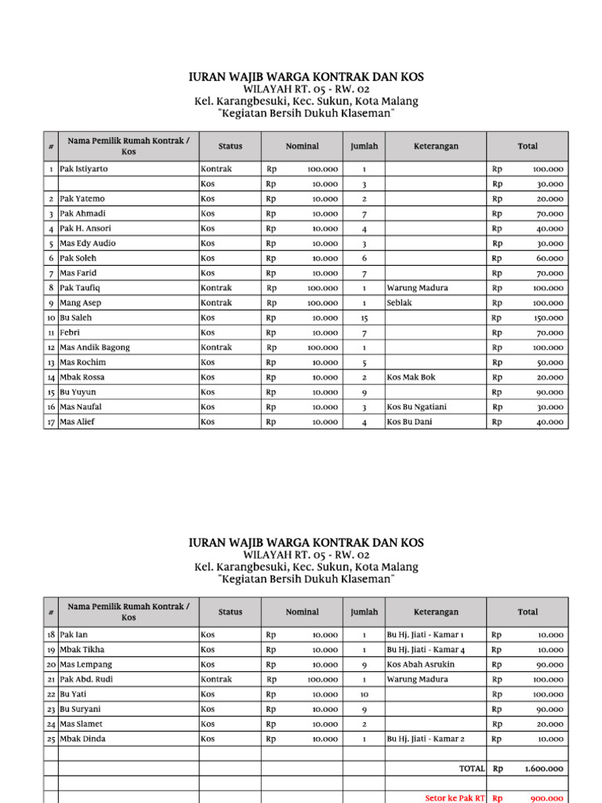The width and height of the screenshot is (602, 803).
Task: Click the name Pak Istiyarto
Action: point(85,169)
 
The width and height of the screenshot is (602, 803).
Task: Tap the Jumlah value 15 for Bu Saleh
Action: point(364,318)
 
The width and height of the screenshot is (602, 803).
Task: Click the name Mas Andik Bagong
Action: point(95,347)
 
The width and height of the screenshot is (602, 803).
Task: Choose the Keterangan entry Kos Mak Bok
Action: point(412,377)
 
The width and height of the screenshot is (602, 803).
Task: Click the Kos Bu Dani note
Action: point(409,422)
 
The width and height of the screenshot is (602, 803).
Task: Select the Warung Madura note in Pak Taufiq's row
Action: point(417,288)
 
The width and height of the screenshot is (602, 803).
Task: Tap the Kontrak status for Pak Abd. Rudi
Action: point(216,679)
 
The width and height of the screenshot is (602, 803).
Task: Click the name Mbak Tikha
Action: point(82,649)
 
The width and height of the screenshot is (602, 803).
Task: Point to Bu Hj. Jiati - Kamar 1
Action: point(426,634)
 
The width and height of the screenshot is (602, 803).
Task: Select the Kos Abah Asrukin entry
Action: point(420,664)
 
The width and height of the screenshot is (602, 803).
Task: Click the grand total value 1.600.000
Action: point(543,768)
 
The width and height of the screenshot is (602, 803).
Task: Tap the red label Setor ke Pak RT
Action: point(455,798)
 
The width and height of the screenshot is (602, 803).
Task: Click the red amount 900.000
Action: point(547,798)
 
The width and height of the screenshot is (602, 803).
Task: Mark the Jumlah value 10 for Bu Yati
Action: point(364,694)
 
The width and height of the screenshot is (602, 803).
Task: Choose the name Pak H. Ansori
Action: point(86,228)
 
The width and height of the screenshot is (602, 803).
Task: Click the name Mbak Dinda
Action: point(83,739)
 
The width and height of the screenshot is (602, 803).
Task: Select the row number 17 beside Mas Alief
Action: point(50,422)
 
